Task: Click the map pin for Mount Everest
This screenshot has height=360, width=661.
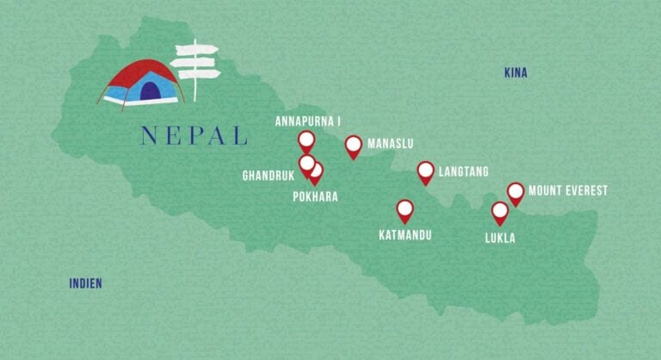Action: click(x=516, y=192)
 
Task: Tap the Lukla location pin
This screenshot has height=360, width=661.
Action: click(x=500, y=211)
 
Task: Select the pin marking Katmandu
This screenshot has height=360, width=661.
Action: click(x=405, y=208)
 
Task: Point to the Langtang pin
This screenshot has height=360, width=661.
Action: click(x=426, y=171)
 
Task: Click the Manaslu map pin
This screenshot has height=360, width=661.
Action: click(x=353, y=146)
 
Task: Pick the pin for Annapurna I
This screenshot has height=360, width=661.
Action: click(x=306, y=140)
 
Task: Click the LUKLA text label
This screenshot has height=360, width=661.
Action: click(x=500, y=238)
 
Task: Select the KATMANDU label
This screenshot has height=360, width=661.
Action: click(x=405, y=234)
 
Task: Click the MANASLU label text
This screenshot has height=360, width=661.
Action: click(x=392, y=144)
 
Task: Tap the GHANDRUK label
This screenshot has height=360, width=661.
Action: click(x=269, y=176)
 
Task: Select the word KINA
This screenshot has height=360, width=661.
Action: click(x=516, y=73)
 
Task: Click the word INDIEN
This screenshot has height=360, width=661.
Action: click(x=86, y=282)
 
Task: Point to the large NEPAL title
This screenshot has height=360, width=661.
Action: click(x=193, y=136)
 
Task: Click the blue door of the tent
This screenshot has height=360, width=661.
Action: click(x=150, y=90)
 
